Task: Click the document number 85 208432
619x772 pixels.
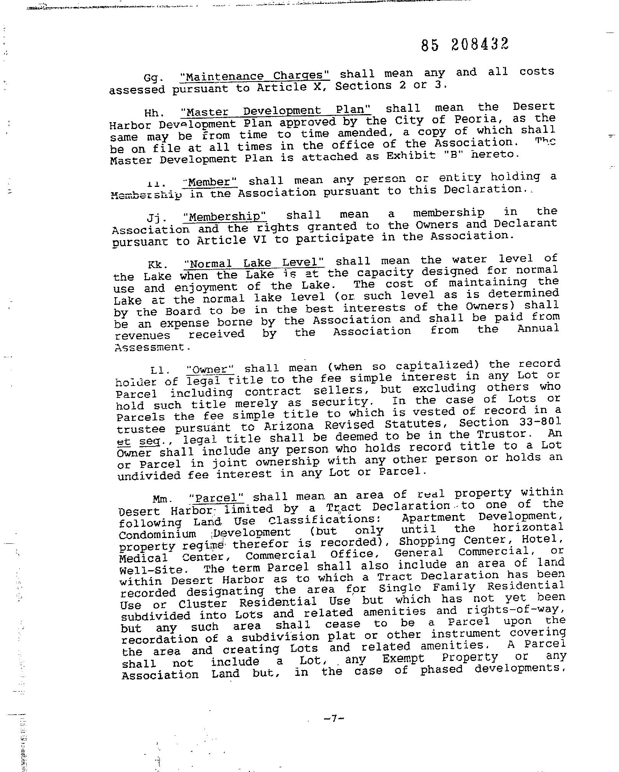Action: tap(465, 45)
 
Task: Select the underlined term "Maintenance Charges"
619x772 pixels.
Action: tap(255, 76)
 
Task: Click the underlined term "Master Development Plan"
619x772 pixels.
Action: tap(275, 111)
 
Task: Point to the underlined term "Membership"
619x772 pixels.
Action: tap(224, 217)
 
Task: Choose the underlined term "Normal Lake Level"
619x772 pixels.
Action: tap(254, 263)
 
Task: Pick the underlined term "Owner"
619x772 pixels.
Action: tap(210, 370)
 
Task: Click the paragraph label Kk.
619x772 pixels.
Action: tap(157, 265)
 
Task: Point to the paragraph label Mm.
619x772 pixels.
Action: tap(161, 499)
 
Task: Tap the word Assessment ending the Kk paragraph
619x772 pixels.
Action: tap(152, 347)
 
